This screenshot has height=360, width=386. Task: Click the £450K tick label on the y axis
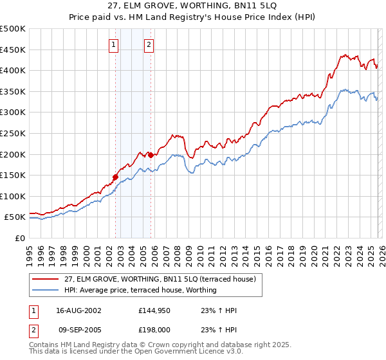[x=13, y=50]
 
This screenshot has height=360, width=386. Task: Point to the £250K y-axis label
[x=13, y=133]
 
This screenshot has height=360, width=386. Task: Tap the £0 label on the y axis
[x=20, y=238]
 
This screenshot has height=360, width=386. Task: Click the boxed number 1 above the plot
[x=114, y=45]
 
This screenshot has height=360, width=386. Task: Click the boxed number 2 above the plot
[x=149, y=45]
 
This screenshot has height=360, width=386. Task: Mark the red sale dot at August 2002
[x=115, y=177]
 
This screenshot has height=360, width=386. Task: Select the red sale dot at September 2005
[x=150, y=155]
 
